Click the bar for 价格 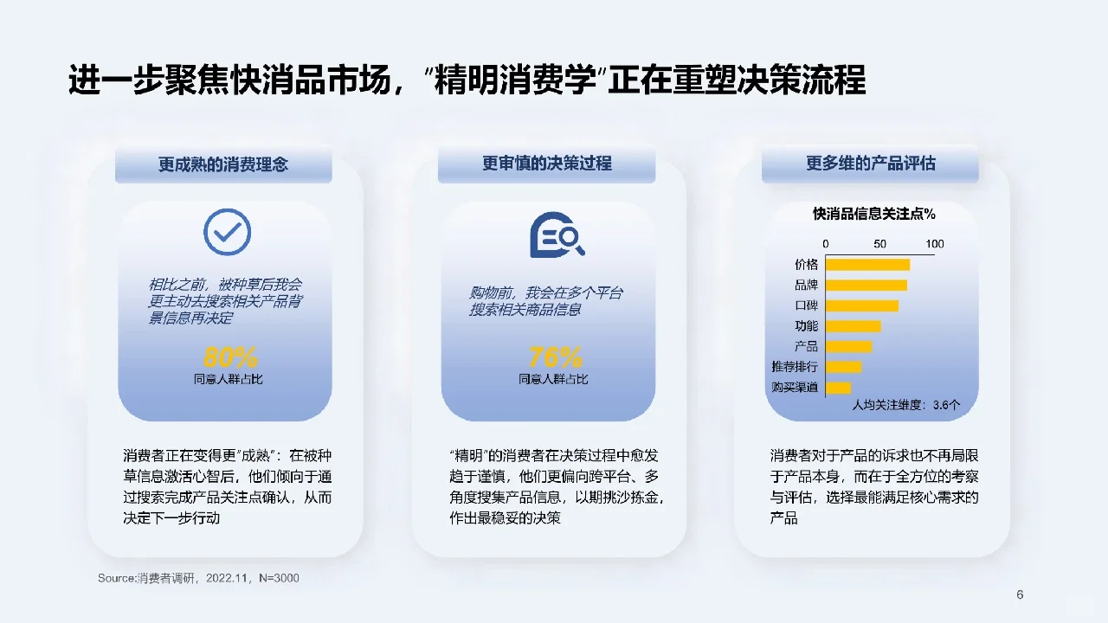coord(868,265)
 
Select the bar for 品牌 coord(866,286)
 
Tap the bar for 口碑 coord(862,305)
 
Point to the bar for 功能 coord(854,326)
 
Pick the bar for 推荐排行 coord(844,367)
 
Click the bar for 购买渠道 coord(839,388)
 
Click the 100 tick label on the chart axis coord(935,244)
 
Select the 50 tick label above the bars coord(880,244)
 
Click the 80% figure coord(230,356)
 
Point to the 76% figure coord(555,356)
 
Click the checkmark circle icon coord(227,232)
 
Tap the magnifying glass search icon coord(557,234)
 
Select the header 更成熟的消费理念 coord(223,164)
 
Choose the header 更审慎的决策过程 coord(547,164)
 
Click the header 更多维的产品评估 coord(871,164)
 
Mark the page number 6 coord(1020,594)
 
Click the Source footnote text coord(198,577)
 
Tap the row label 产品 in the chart coord(806,346)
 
